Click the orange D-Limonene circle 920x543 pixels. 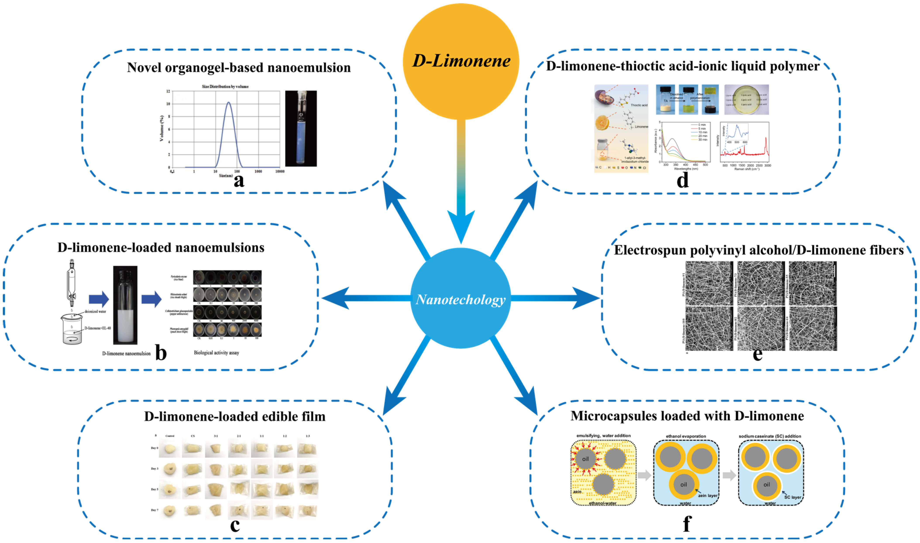[461, 61]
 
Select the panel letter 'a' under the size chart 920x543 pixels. [239, 180]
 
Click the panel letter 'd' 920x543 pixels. [682, 180]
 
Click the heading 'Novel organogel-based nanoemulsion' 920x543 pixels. [239, 68]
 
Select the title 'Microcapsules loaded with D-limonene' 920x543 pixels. [687, 416]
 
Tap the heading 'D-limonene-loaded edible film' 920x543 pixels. [235, 416]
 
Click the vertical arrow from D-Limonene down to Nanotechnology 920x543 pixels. [461, 183]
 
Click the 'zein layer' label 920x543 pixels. [707, 495]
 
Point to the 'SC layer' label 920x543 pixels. [792, 497]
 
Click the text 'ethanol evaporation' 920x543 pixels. [686, 436]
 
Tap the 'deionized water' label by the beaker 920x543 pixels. [95, 311]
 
